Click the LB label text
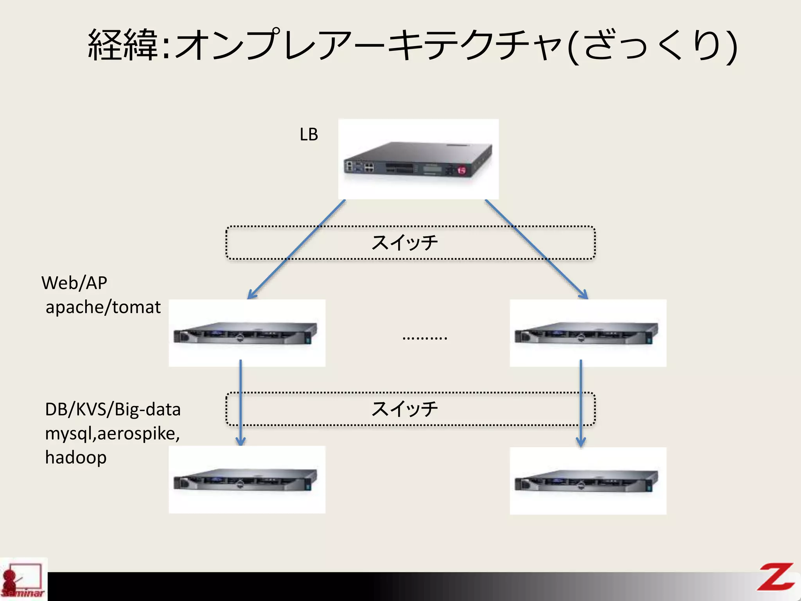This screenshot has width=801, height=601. click(309, 135)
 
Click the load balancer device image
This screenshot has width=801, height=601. click(418, 160)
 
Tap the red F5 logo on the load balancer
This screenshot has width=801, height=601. click(462, 170)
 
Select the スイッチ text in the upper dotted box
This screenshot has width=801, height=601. click(404, 243)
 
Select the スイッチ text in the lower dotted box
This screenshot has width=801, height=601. click(404, 409)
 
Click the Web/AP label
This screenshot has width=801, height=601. click(74, 283)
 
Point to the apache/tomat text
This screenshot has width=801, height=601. click(103, 307)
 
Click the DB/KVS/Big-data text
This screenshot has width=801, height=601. click(113, 410)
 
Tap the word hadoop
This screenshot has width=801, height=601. click(75, 457)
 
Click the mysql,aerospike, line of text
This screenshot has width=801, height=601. click(112, 434)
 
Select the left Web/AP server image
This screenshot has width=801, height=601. click(246, 333)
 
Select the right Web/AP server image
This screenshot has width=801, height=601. click(587, 333)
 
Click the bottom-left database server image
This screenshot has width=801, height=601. click(246, 480)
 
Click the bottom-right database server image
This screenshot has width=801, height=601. click(587, 480)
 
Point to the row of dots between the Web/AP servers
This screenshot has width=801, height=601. click(425, 338)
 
